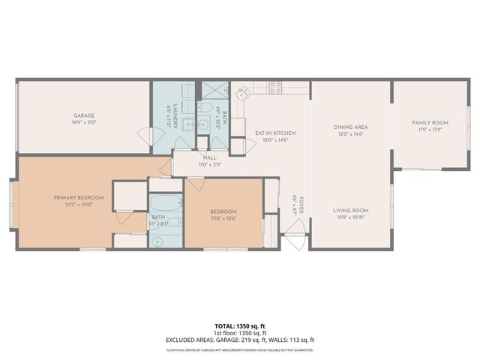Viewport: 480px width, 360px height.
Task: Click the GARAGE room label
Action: (85, 115)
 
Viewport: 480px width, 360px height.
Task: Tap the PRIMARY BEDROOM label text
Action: (79, 197)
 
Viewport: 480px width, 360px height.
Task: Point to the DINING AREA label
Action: (350, 127)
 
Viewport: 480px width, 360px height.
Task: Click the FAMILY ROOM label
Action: (430, 122)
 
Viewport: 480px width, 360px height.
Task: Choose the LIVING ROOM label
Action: (350, 210)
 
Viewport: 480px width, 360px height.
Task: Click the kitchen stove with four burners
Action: (275, 86)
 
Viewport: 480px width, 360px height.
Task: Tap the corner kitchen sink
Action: (243, 94)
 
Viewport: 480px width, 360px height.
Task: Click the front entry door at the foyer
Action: (295, 241)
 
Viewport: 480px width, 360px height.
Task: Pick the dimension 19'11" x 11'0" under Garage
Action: (85, 122)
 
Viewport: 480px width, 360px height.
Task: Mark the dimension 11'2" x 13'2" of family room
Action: (430, 129)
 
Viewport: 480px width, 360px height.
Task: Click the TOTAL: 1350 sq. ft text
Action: (239, 326)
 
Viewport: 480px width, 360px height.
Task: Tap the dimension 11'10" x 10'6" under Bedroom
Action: (223, 219)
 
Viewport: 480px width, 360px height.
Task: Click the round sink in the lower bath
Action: (159, 241)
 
